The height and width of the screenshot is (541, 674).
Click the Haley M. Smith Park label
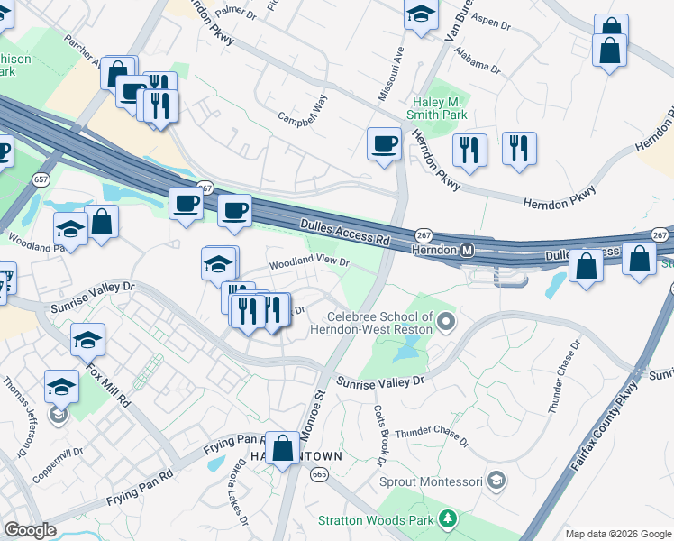(x=440, y=108)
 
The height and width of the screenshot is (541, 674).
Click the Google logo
(x=30, y=530)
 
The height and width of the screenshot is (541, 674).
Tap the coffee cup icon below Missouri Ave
(x=384, y=144)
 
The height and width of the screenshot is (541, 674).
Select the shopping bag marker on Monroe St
(x=283, y=447)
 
